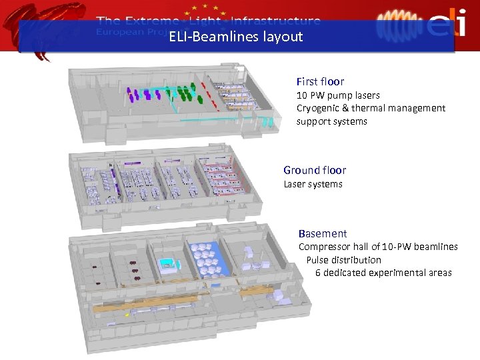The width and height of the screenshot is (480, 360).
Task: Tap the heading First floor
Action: tap(320, 81)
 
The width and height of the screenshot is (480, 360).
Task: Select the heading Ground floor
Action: tap(315, 170)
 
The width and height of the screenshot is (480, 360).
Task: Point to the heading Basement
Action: tap(323, 233)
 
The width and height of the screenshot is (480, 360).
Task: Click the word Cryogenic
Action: tap(322, 108)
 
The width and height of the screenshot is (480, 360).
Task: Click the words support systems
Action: tap(331, 121)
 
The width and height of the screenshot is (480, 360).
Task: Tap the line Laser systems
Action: tap(313, 184)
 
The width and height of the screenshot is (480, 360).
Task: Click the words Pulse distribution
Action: tap(343, 259)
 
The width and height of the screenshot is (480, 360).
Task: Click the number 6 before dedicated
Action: tap(318, 273)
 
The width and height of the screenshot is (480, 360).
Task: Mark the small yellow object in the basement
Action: tap(127, 314)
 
